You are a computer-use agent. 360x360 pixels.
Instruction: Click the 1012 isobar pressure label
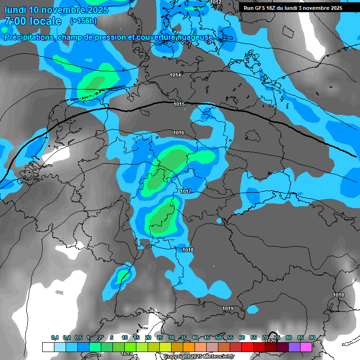point(216,2)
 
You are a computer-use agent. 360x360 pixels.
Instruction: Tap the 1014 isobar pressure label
point(175,75)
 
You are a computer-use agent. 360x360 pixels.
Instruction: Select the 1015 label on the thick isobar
point(179,104)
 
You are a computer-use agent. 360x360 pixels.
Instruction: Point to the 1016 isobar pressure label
point(179,133)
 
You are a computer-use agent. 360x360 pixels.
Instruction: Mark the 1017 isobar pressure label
point(186,191)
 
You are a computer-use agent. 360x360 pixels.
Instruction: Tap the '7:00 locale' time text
point(33,21)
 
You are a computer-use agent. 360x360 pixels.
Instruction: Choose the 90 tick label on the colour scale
point(312,338)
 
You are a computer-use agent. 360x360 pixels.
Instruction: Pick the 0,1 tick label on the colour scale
point(55,338)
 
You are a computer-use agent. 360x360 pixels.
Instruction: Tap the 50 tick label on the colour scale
point(218,338)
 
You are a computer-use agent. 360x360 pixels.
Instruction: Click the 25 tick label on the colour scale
point(160,338)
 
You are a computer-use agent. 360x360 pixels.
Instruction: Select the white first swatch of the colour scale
point(48,347)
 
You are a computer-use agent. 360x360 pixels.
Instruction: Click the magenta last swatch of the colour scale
point(306,347)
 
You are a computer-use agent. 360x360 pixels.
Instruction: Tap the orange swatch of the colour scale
point(189,347)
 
